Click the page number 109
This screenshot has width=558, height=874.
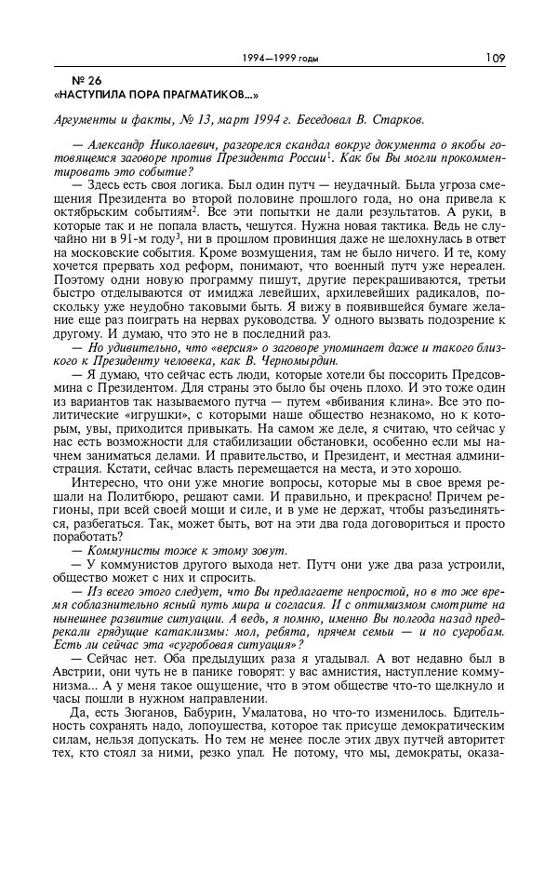(x=495, y=58)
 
